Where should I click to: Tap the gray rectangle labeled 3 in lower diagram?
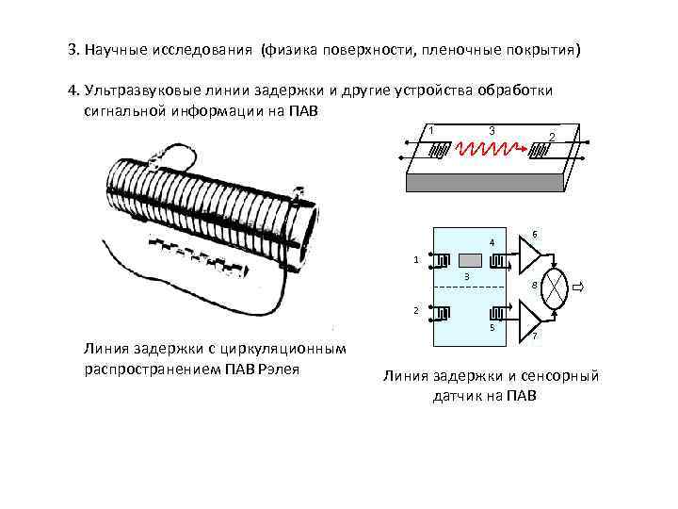(x=470, y=259)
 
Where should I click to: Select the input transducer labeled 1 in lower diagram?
(x=443, y=258)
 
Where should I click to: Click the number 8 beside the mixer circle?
(x=534, y=285)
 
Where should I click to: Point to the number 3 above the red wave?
(x=492, y=129)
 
